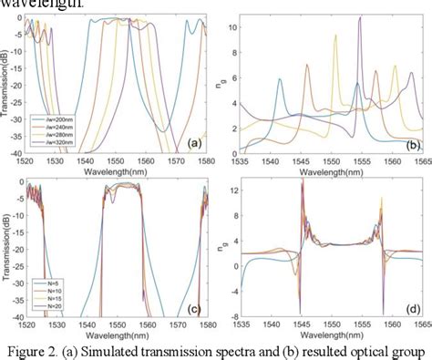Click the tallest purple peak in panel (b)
point(360,19)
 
